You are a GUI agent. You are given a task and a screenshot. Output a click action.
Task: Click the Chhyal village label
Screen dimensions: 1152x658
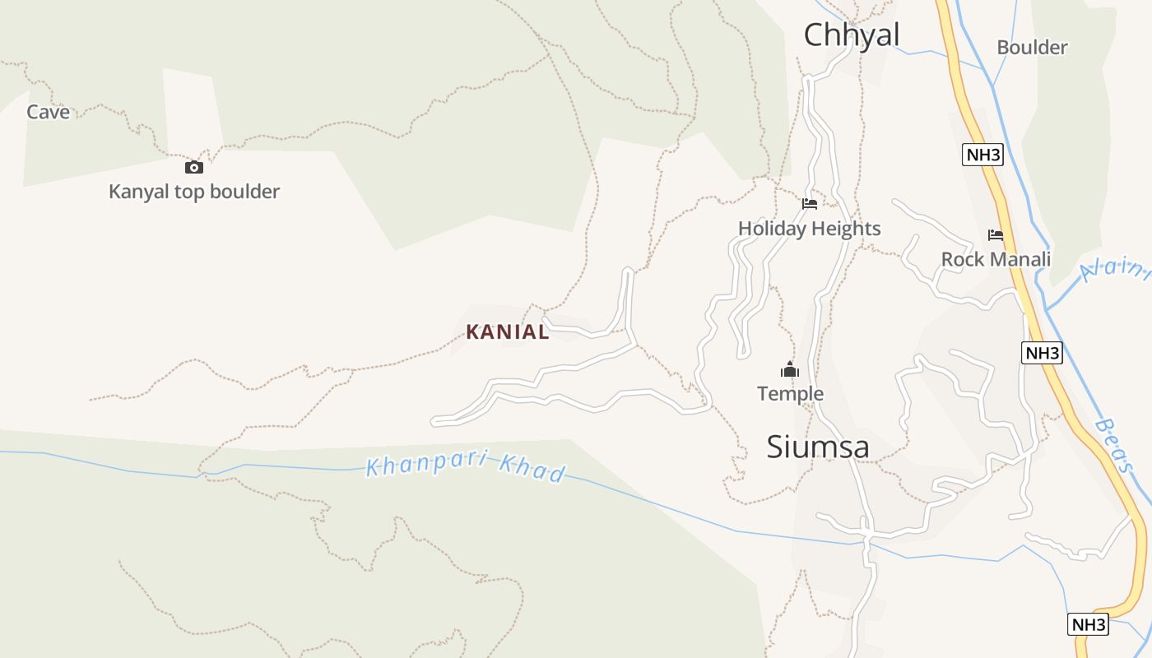[851, 35]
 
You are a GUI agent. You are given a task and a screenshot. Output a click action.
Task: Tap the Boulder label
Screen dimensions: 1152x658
[1032, 48]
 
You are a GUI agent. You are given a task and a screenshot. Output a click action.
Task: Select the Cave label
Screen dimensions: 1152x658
[48, 112]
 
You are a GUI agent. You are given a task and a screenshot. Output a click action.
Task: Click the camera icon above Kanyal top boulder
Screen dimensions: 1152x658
[194, 168]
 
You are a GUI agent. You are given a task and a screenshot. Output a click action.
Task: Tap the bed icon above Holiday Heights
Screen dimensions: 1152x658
[810, 204]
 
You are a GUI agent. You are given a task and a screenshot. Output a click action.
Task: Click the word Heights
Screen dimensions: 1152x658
[847, 229]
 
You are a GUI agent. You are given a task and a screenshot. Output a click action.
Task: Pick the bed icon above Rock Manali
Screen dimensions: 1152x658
[996, 235]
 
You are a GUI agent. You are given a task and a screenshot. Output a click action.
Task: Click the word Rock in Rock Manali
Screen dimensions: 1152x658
[960, 260]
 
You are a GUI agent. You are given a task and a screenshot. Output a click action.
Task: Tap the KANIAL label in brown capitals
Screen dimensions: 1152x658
[507, 332]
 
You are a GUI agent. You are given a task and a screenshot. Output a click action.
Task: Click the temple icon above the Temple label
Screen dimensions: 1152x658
[790, 370]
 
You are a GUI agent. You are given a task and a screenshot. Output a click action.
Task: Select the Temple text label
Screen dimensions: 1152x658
[790, 394]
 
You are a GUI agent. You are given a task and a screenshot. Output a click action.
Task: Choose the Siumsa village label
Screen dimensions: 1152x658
[817, 447]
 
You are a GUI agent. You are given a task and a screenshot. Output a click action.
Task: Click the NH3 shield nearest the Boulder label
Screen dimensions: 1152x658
[982, 155]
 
